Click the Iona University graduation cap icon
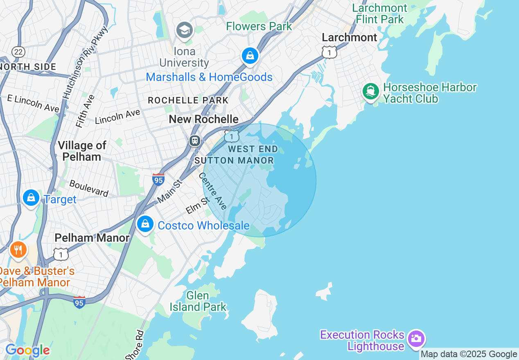pos(185,30)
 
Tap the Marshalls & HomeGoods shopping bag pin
pos(250,56)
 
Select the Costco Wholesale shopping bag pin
pos(145,224)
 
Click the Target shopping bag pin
pos(31,198)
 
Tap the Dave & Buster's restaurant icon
pos(18,249)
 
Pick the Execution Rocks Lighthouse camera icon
pos(416,339)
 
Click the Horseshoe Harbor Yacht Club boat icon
pos(371,91)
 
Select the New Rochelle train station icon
pos(195,141)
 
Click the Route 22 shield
pos(18,52)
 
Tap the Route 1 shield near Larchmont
pos(329,52)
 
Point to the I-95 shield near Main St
pos(158,179)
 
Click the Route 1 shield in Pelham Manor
pos(61,254)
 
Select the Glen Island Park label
pos(198,301)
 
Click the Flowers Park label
pos(259,27)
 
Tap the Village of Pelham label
pos(82,151)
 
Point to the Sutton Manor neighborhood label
pos(234,160)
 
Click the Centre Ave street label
pos(213,191)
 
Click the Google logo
pos(27,351)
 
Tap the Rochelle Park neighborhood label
pos(188,100)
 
